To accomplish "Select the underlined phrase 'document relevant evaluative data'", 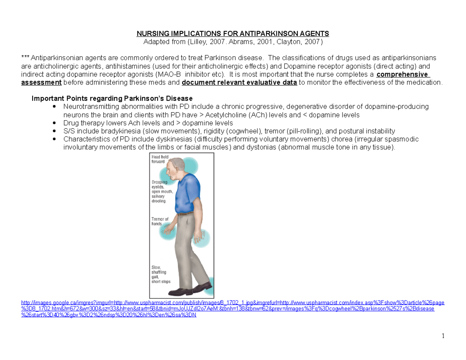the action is click(239, 82).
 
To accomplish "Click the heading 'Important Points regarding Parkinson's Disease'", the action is click(112, 98).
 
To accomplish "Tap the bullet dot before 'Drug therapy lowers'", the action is click(54, 123).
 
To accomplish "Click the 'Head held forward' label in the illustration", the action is click(160, 159).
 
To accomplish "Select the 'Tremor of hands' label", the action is click(160, 221).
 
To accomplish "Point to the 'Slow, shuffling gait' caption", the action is click(161, 274).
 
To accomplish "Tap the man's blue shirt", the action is click(187, 193).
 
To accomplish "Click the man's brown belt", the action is click(185, 214).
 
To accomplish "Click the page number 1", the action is click(443, 336).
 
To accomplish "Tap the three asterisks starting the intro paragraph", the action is click(25, 57).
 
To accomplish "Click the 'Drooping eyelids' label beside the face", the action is click(162, 191).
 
